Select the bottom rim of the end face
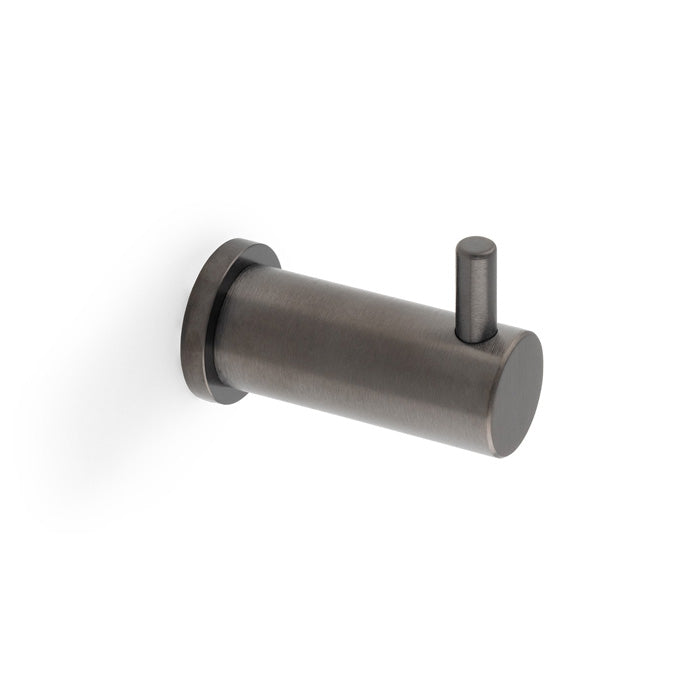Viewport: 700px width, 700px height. tap(506, 456)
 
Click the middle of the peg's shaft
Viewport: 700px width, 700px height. tap(474, 295)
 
